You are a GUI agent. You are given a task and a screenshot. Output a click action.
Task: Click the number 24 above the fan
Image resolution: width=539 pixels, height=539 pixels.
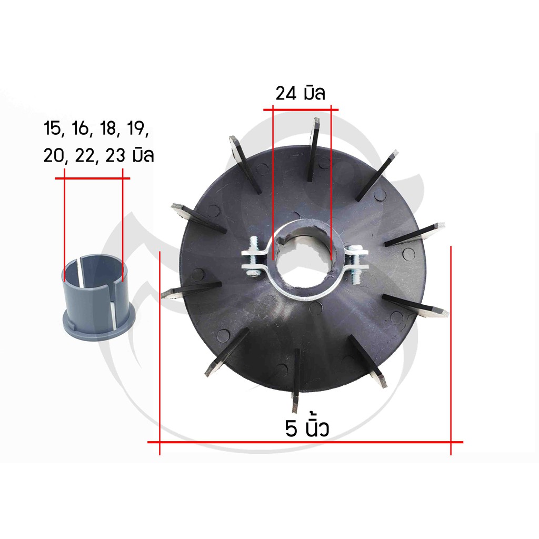(x=286, y=94)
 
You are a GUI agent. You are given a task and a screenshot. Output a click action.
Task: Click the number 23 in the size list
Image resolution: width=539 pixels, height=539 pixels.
(x=115, y=156)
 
